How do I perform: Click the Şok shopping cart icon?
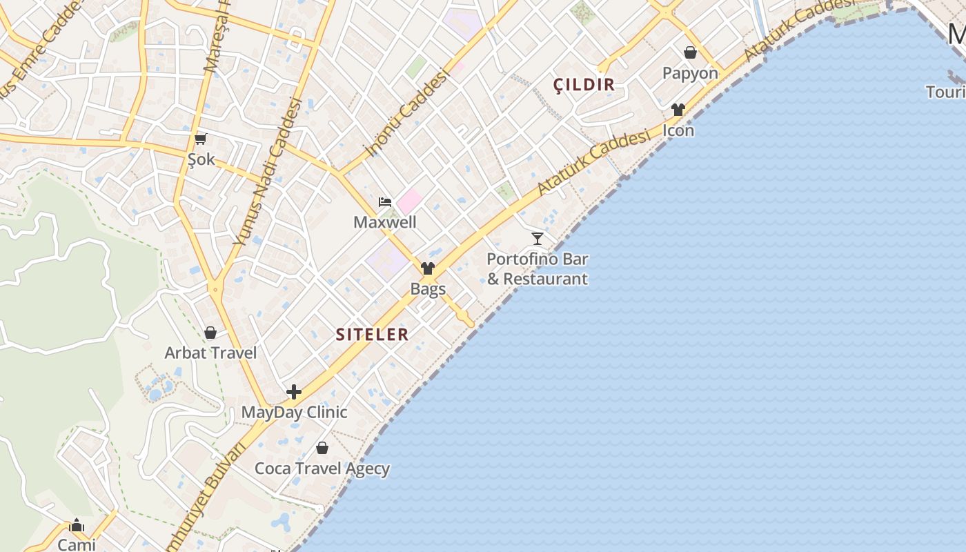tap(201, 139)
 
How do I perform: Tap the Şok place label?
tap(201, 160)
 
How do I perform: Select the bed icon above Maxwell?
tap(385, 202)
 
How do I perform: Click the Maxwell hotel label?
tap(385, 222)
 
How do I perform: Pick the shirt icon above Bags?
tap(428, 268)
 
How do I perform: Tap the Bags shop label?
tap(428, 288)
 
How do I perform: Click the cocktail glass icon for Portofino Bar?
tap(538, 239)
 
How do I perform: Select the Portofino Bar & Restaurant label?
tap(538, 269)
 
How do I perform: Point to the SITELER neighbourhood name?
tap(373, 335)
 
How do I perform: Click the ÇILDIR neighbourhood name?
tap(584, 85)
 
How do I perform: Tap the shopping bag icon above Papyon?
tap(690, 52)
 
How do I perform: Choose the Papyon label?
tap(690, 73)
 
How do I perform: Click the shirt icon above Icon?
tap(678, 110)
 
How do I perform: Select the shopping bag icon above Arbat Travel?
tap(210, 333)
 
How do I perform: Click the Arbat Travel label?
tap(210, 353)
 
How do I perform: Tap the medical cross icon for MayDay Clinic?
tap(294, 392)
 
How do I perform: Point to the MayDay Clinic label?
tap(294, 412)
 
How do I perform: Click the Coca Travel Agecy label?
tap(322, 469)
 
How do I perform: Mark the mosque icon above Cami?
tap(77, 526)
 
